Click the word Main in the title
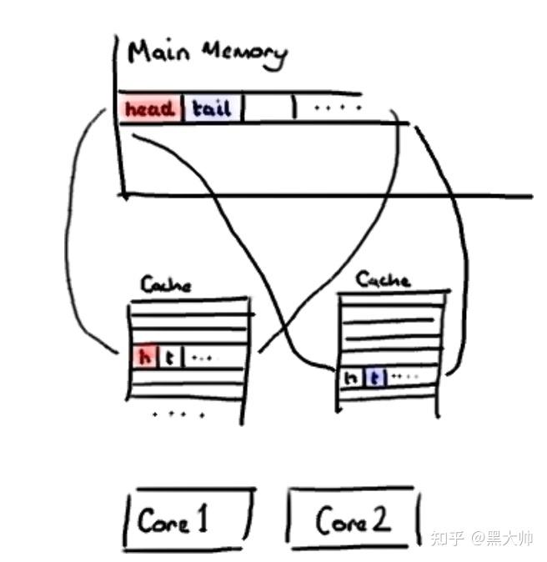158,53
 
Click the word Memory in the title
245,54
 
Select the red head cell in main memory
150,108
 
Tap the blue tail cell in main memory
212,108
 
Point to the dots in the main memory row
338,108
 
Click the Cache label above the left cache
166,285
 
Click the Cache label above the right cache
383,279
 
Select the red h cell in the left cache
144,357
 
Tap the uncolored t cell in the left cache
170,357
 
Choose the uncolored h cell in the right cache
350,378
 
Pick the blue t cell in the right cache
375,378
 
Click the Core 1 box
188,519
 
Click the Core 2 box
353,519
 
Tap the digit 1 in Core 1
202,518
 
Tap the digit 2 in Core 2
381,518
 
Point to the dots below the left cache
178,414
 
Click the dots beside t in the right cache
404,376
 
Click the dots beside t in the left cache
202,358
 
